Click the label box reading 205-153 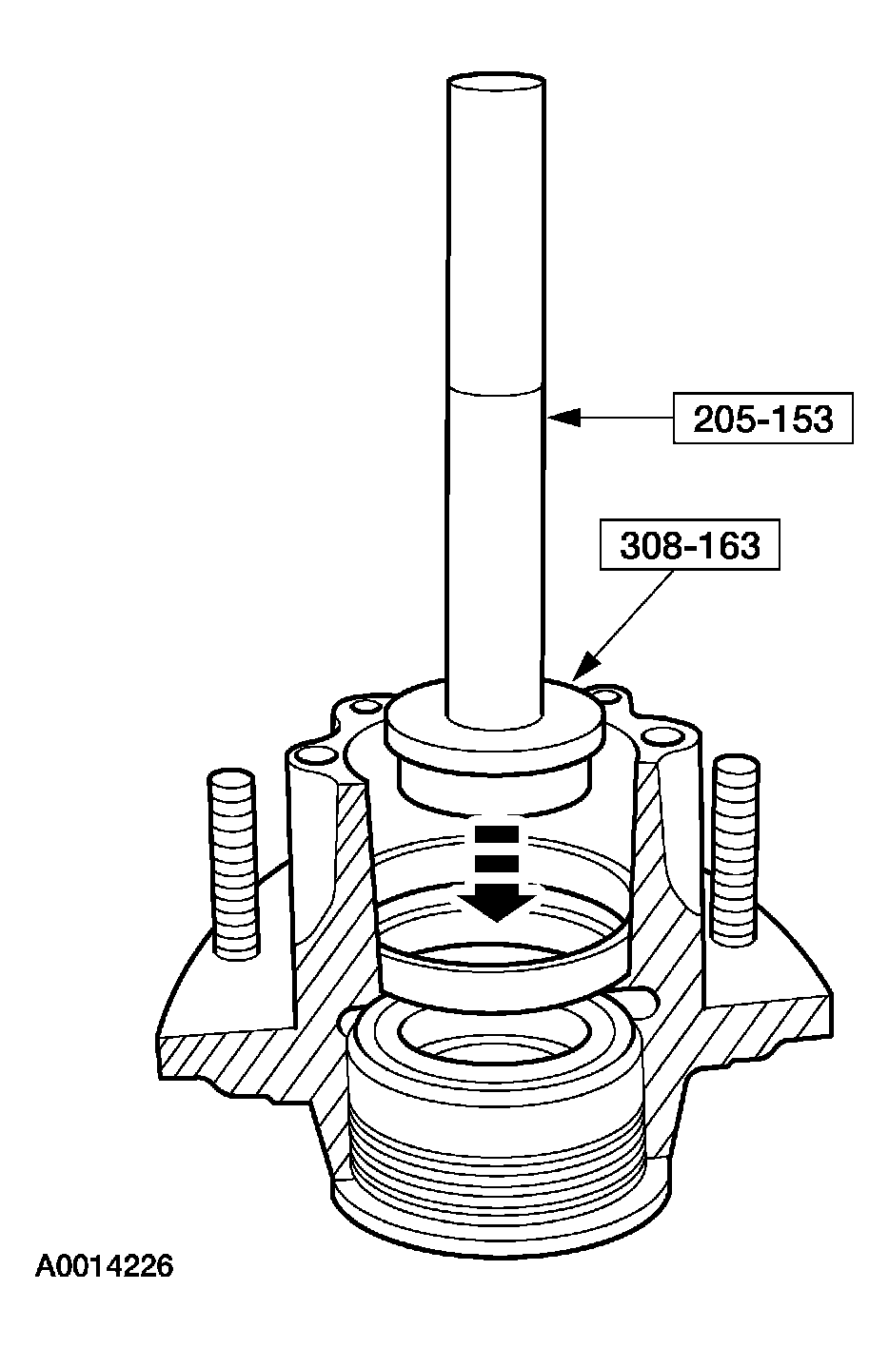(762, 419)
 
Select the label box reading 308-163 (690, 544)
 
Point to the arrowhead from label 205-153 (563, 417)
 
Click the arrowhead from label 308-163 (586, 667)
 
